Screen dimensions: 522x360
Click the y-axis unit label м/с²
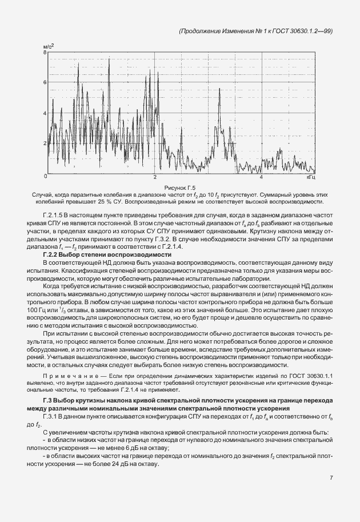coord(49,45)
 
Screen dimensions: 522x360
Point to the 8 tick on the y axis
coord(44,52)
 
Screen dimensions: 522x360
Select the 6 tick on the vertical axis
coord(44,82)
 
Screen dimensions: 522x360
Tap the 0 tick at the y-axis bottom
coord(44,173)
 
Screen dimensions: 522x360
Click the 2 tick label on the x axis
coord(155,178)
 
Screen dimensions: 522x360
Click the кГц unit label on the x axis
coord(310,178)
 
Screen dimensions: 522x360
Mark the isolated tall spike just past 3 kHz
coord(218,91)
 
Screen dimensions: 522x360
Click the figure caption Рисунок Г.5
coord(179,188)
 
